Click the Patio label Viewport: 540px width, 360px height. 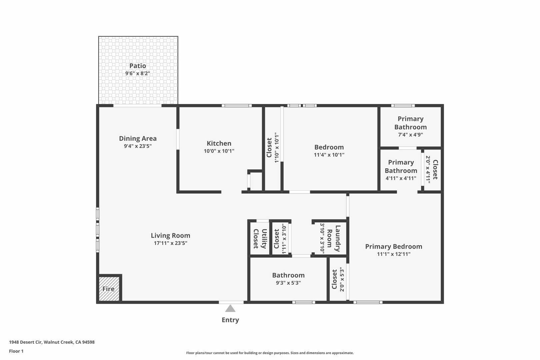pos(138,66)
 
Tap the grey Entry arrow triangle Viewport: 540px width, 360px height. pos(230,308)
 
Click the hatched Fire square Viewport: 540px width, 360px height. pos(109,289)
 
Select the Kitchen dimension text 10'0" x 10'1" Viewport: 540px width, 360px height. pos(219,151)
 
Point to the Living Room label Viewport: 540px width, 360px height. pos(170,235)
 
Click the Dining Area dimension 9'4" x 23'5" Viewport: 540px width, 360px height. pos(138,146)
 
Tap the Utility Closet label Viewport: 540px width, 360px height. pos(260,238)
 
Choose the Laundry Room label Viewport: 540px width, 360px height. pos(333,238)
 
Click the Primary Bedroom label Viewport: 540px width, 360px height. pos(394,246)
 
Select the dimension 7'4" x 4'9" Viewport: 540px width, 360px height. pos(410,135)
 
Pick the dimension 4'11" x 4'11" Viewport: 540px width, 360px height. pos(401,178)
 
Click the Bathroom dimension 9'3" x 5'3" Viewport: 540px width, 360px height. pos(288,283)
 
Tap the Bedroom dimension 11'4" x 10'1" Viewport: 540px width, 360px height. pos(329,155)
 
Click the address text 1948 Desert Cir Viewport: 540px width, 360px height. pos(26,342)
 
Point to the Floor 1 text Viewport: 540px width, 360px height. pos(16,351)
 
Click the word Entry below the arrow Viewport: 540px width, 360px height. pos(230,320)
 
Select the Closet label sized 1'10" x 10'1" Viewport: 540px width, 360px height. pos(269,148)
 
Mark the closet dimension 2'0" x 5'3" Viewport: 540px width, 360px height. pos(342,279)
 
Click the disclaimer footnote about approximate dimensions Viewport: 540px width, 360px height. pos(270,353)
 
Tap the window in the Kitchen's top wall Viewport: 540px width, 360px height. pos(237,106)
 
